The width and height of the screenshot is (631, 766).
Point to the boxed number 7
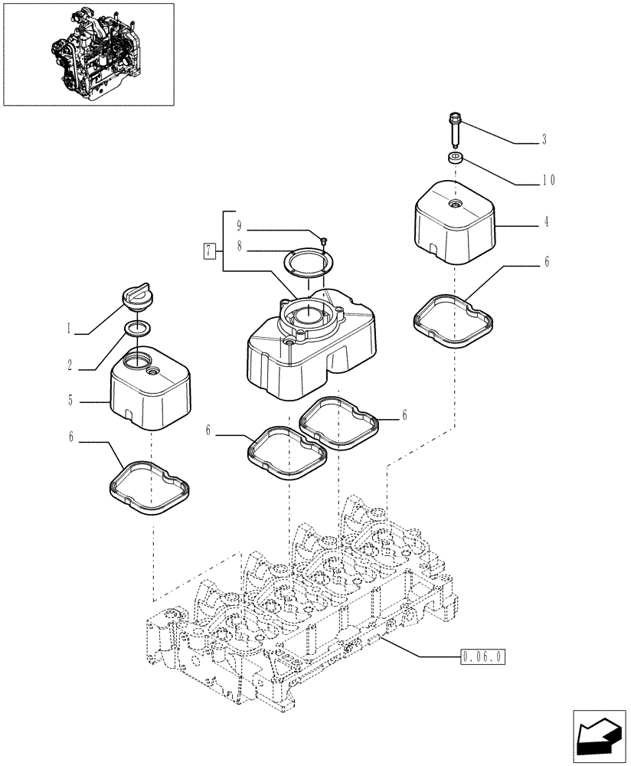(208, 249)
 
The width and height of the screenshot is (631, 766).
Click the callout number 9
(240, 226)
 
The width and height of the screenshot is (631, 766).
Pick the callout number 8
(240, 247)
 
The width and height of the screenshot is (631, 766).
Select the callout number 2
(69, 366)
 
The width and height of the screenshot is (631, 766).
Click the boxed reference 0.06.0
(483, 656)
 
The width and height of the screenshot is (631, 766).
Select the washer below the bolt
(456, 159)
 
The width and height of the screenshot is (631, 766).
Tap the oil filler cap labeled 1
(139, 299)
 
